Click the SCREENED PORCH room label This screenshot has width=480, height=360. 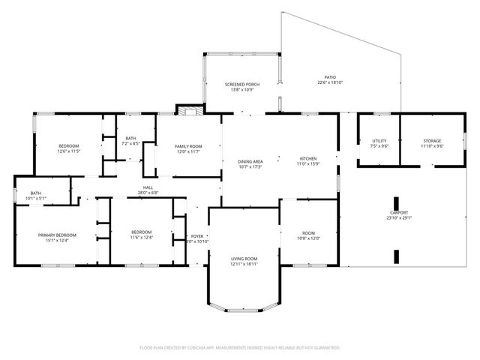pos(241,85)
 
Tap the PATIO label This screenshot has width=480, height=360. pos(329,77)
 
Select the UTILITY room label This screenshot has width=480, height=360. pos(379,141)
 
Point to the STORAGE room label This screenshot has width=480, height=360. pos(431,141)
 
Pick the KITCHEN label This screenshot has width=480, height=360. pos(309,158)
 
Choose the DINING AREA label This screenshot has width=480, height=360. pos(250,161)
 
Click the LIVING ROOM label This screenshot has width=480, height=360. pos(244,259)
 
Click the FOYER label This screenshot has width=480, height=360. pos(198,236)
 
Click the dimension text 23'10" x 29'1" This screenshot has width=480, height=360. pos(399,218)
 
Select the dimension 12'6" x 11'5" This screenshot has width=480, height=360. pos(68,151)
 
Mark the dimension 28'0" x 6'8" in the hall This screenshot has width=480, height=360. pos(148,193)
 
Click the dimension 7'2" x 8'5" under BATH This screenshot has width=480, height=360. pos(131,143)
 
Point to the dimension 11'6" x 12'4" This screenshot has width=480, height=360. pos(142,238)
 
